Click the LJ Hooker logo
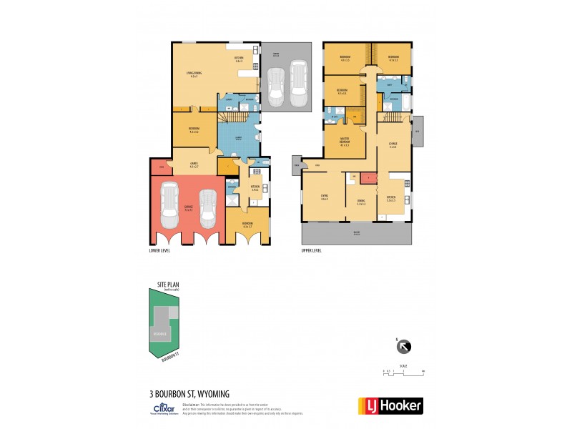(x=390, y=405)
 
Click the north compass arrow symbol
(x=405, y=347)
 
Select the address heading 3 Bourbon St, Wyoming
(x=189, y=393)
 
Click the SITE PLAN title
(x=169, y=284)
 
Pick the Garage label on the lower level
(x=188, y=208)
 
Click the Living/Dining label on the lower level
(x=193, y=74)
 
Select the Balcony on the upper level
(x=357, y=231)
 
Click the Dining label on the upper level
(x=360, y=202)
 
